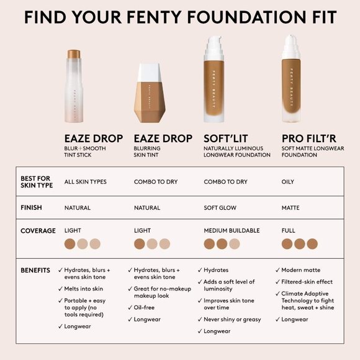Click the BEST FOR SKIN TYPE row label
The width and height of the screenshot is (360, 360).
[x=37, y=181]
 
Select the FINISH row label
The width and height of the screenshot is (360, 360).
[x=31, y=207]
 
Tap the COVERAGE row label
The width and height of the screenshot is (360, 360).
[x=38, y=231]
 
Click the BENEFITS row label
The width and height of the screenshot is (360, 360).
[x=35, y=271]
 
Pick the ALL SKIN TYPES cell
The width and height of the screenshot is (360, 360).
[x=86, y=182]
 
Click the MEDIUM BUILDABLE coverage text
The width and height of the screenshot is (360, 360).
[x=232, y=230]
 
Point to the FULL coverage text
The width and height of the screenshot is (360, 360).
[x=289, y=230]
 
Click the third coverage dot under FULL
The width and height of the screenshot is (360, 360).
[x=312, y=244]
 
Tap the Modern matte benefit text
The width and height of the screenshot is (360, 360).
[x=302, y=270]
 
